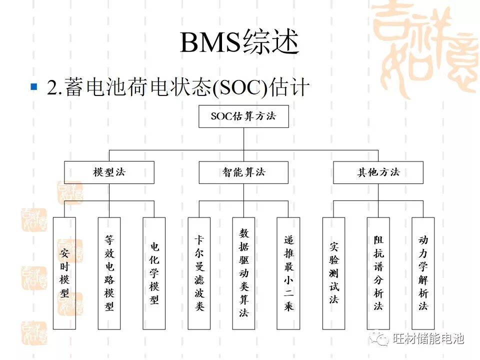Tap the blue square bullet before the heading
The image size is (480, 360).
point(34,87)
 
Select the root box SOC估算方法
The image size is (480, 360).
point(243,117)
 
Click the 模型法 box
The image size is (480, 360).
point(109,172)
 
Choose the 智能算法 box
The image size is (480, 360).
point(243,172)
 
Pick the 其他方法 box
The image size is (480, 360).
point(378,172)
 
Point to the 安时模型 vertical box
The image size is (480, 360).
point(64,273)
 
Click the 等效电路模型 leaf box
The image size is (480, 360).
point(109,273)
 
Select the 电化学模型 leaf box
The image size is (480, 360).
point(154,273)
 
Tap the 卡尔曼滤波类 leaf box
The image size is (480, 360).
point(199,273)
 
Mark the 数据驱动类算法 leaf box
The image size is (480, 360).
point(243,273)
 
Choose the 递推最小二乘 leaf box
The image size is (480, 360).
point(288,273)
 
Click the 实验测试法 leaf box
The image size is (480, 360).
point(333,273)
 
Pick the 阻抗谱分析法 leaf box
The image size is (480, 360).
point(378,273)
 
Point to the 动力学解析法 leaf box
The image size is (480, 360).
point(423,273)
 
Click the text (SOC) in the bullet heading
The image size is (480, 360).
point(240,88)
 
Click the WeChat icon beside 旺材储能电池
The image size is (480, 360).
point(380,338)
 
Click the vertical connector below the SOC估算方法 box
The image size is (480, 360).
point(243,138)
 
